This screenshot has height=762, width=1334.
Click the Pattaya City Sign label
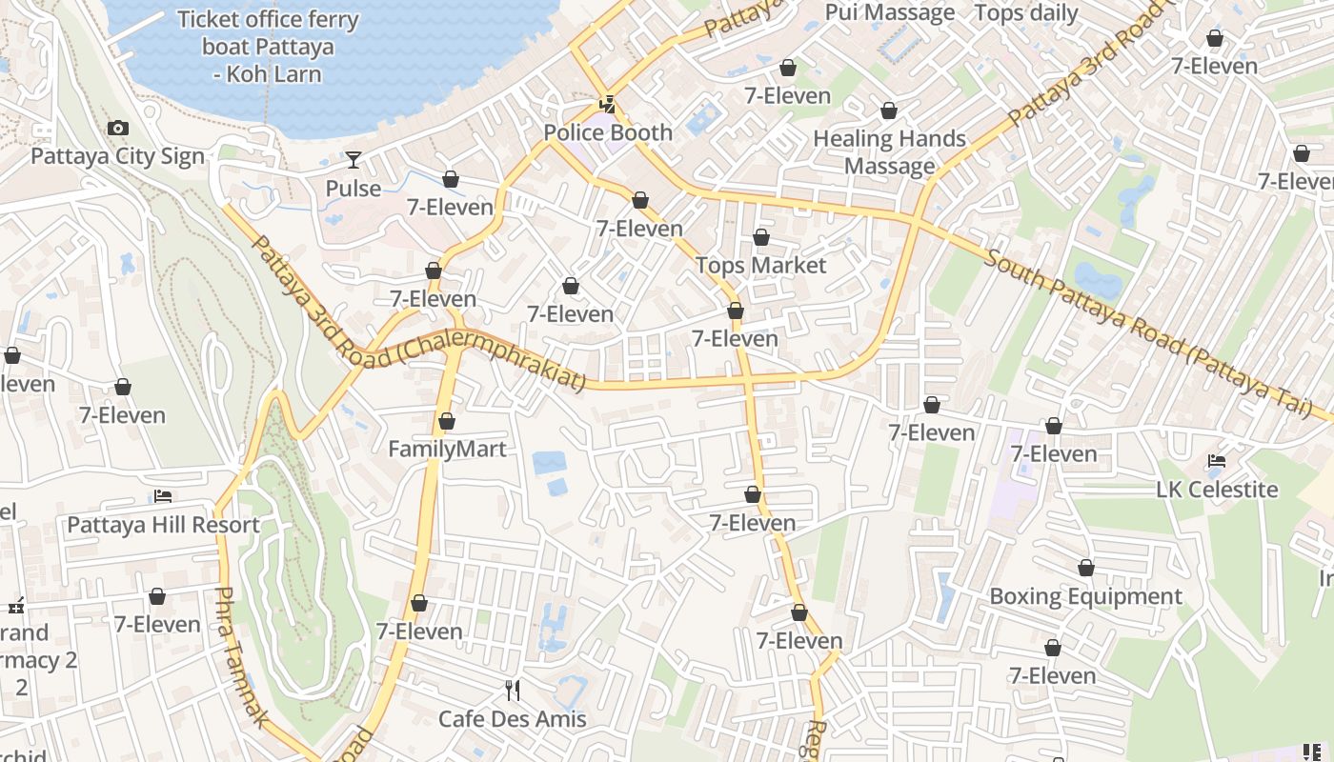[118, 156]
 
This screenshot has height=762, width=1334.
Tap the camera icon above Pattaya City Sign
[118, 128]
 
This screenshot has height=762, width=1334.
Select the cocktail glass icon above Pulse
[354, 159]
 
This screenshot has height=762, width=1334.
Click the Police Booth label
[608, 132]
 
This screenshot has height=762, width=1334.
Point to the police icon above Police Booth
[607, 103]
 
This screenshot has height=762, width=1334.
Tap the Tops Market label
[760, 265]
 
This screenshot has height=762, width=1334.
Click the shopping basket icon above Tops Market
[760, 236]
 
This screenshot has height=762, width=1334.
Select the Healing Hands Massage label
[890, 152]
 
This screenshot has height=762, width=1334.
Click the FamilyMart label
[447, 449]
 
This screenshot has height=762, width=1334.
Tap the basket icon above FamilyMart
[447, 420]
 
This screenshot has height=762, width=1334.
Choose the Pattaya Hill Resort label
[163, 525]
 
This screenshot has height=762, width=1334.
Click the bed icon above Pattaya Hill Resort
[163, 496]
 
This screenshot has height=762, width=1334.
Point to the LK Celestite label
[1217, 490]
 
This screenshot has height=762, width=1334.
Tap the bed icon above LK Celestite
[1216, 461]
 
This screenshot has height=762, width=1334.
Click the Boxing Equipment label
[1085, 596]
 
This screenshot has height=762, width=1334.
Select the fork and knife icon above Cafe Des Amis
[513, 691]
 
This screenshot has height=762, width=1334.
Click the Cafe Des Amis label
[513, 718]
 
